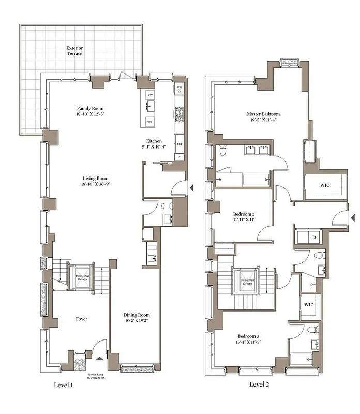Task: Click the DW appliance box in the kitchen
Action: click(150, 95)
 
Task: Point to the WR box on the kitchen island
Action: click(150, 122)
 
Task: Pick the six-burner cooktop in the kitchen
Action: click(179, 112)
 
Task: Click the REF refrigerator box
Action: click(179, 144)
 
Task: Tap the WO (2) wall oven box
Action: click(179, 88)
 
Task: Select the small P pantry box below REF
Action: click(179, 156)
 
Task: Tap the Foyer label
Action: click(80, 319)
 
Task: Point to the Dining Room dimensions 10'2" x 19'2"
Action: click(137, 321)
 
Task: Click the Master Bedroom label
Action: click(263, 114)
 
